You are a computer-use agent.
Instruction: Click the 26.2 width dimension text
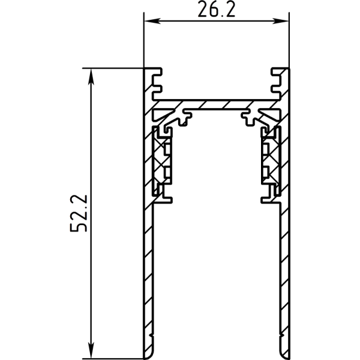215,10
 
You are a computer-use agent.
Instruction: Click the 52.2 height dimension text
79,212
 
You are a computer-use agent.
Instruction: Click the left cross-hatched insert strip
163,161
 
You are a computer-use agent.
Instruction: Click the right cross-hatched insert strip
269,161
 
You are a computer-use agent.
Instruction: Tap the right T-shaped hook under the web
247,114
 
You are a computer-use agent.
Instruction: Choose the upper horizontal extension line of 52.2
114,68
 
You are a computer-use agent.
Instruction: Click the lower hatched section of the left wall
148,270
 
